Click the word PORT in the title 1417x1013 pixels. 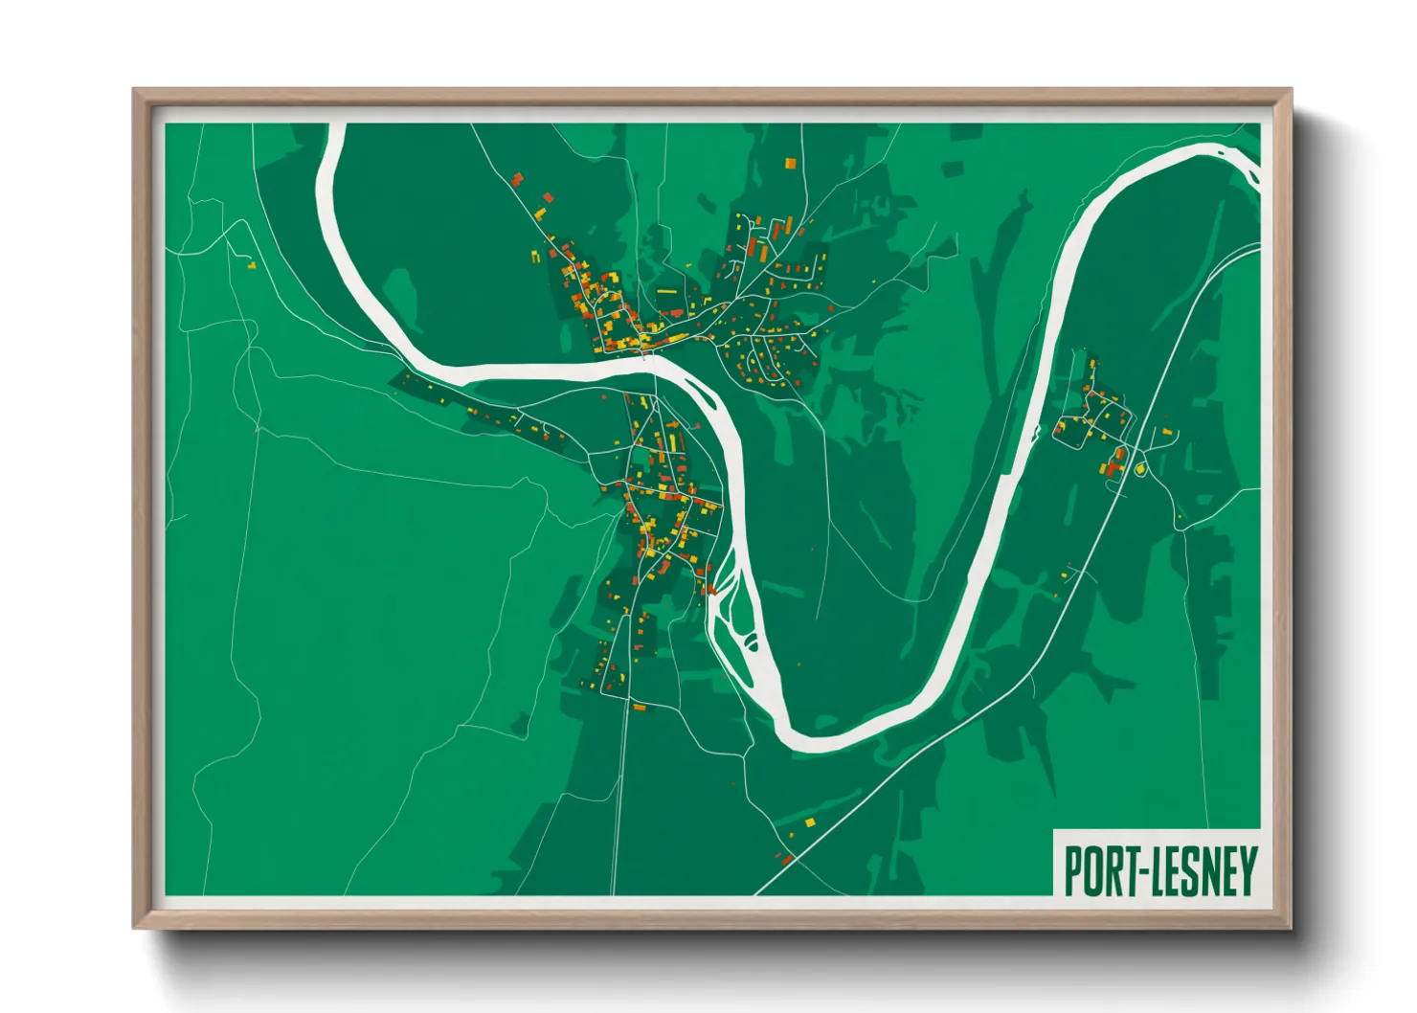1097,871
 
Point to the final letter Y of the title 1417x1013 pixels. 1247,871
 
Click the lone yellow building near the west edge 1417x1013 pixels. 252,265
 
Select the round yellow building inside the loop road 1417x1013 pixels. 1140,469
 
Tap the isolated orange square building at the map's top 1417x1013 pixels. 791,164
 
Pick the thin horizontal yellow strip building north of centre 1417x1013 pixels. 666,290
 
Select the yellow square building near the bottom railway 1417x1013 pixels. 810,822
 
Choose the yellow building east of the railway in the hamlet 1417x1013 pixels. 1168,432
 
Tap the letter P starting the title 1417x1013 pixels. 1073,871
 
